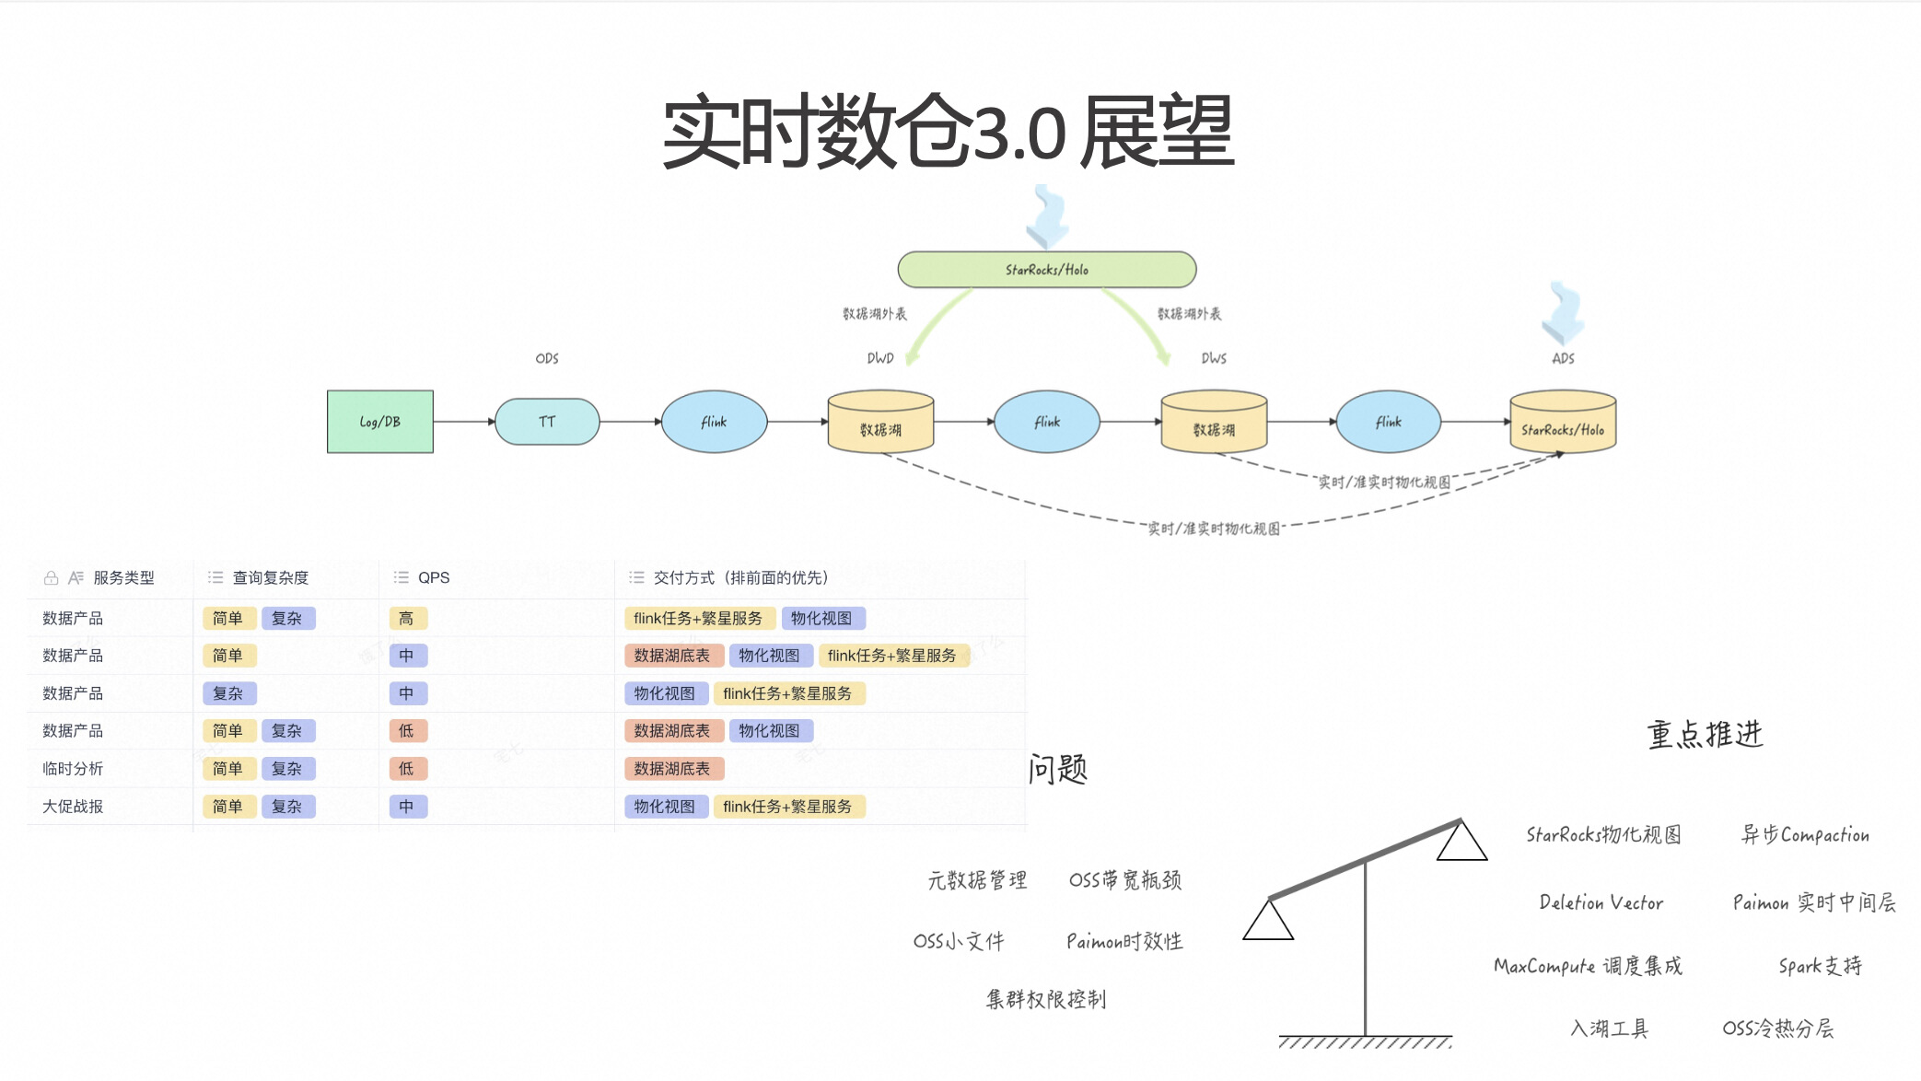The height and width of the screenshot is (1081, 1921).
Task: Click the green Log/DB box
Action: point(379,422)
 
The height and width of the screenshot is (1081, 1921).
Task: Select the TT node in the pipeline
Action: point(547,422)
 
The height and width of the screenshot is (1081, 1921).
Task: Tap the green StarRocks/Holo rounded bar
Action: point(1046,270)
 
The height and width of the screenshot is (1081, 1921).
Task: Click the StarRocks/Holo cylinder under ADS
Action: point(1563,424)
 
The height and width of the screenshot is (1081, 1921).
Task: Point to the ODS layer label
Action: point(547,358)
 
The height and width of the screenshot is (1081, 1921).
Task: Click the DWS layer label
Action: point(1214,358)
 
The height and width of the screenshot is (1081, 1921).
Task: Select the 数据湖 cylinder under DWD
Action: point(880,424)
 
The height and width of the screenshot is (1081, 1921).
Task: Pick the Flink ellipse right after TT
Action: point(714,422)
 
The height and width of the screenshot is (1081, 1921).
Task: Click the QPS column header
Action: point(433,577)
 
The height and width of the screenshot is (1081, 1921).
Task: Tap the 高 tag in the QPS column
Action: point(406,619)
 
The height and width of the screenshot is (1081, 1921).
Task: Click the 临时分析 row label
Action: point(73,769)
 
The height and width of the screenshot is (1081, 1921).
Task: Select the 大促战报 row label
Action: point(73,807)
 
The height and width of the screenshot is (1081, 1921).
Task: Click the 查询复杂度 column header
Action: point(270,577)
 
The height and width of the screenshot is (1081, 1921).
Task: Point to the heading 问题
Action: point(1058,769)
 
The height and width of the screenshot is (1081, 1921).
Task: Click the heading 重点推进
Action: point(1705,735)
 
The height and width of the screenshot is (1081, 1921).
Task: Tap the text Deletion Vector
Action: point(1601,902)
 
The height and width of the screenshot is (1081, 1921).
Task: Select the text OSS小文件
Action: point(959,941)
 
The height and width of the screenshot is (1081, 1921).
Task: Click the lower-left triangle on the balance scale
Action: point(1268,922)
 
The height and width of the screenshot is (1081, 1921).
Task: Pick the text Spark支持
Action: point(1820,966)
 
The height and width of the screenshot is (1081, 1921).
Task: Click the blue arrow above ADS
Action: point(1563,313)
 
